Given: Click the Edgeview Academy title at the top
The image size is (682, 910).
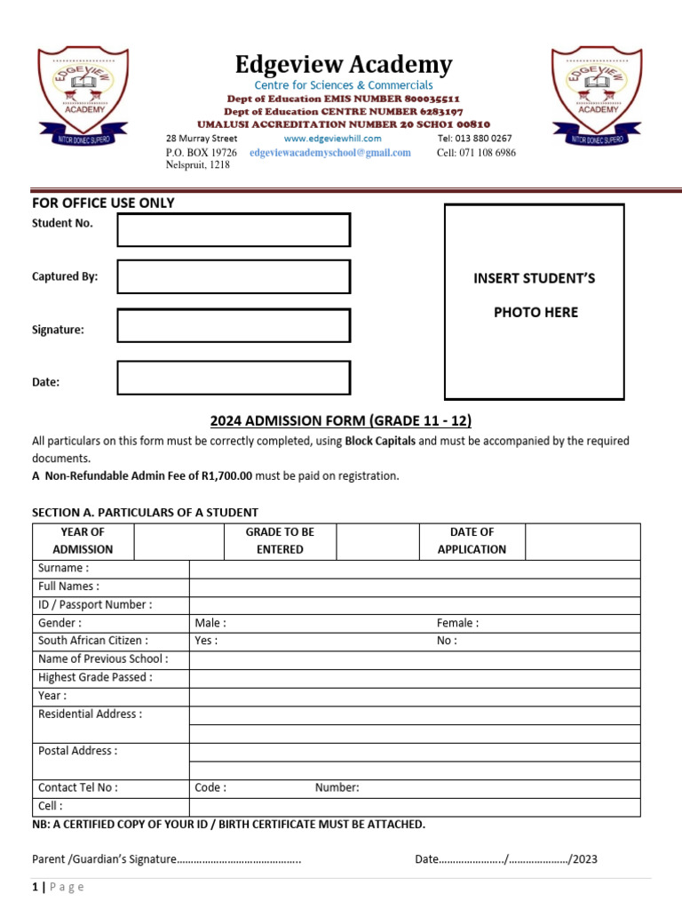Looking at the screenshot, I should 344,65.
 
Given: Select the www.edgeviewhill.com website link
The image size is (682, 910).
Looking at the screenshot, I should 332,139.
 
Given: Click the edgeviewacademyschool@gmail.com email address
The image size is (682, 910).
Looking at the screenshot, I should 330,153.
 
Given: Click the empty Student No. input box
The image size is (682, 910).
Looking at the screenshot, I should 234,229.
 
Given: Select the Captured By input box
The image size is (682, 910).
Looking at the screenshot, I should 234,276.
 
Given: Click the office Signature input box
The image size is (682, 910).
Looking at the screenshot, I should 234,325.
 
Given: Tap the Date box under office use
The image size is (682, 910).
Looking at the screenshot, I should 234,378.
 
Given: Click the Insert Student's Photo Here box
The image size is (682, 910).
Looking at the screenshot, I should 535,301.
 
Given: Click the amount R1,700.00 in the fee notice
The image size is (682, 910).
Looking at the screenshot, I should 227,475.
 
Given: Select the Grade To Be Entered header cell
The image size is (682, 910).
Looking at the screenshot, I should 280,540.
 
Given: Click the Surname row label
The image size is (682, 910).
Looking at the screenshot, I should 63,568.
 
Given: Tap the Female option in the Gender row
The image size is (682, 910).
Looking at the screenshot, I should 457,623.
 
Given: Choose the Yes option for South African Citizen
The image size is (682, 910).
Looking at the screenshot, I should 206,641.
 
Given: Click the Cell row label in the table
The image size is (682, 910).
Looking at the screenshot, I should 51,806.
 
